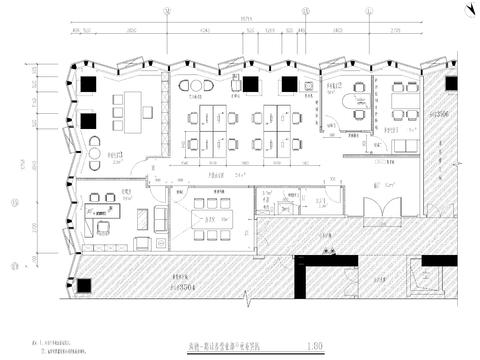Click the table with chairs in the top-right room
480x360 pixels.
pyautogui.click(x=404, y=98)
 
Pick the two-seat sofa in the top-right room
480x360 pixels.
pyautogui.click(x=404, y=146)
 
